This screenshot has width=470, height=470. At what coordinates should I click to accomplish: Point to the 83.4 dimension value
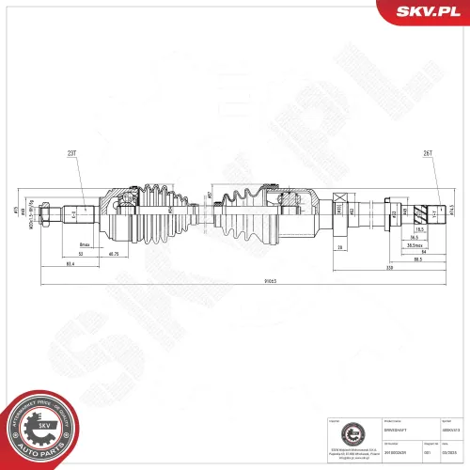tap(70, 264)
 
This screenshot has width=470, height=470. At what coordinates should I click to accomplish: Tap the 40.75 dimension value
tap(113, 254)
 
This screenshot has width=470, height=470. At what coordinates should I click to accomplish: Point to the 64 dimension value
tap(423, 251)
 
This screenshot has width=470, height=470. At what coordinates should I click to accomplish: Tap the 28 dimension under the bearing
tap(337, 247)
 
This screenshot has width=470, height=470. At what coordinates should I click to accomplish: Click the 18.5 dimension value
tap(420, 229)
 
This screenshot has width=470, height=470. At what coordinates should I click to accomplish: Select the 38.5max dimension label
tap(411, 244)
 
